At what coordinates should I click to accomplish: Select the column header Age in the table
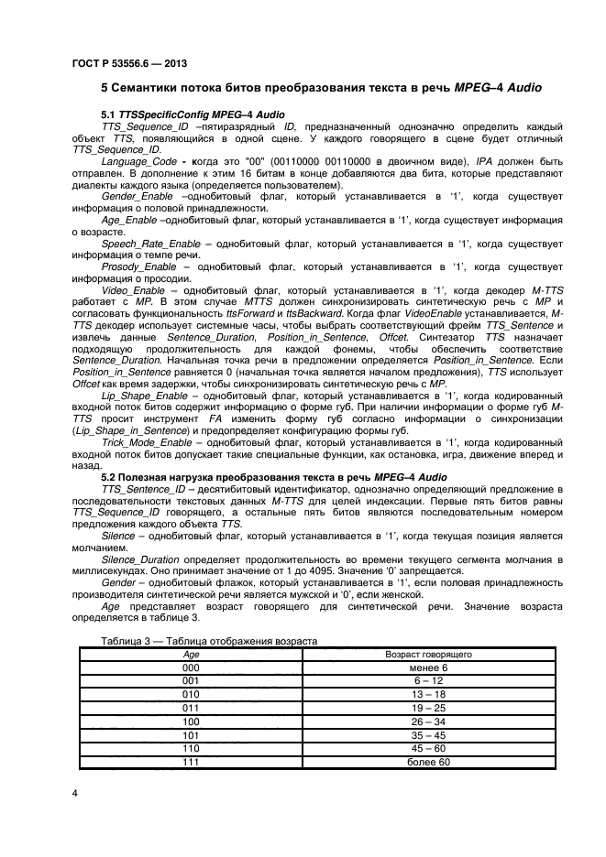192,655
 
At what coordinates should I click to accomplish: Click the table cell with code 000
192,668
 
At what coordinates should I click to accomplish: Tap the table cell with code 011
192,709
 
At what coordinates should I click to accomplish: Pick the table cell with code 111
192,762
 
